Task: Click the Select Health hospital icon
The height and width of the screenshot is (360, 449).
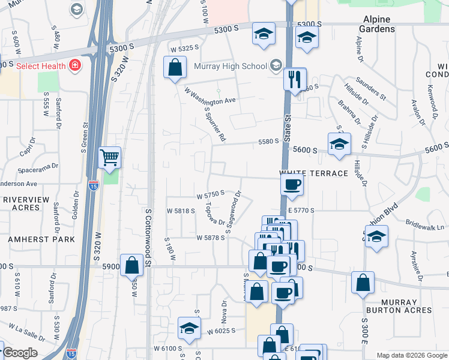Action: pos(75,65)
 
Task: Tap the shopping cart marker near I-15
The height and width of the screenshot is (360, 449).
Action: pos(109,158)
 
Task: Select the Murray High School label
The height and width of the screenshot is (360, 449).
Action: pos(231,65)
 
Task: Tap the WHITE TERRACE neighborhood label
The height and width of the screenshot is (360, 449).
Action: pos(314,173)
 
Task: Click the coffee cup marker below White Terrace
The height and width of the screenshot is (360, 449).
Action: pos(292,185)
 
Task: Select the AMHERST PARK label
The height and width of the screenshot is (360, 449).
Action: pos(41,239)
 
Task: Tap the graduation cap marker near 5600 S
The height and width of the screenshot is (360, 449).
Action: pos(339,145)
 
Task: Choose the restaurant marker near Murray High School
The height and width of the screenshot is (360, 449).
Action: pos(295,80)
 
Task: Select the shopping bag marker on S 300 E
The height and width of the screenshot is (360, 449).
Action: pos(363,283)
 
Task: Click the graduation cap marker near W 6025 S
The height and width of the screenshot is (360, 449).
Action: pos(188,329)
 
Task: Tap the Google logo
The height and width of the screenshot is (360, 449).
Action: pos(20,353)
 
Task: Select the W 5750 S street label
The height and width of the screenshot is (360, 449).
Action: pos(210,194)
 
